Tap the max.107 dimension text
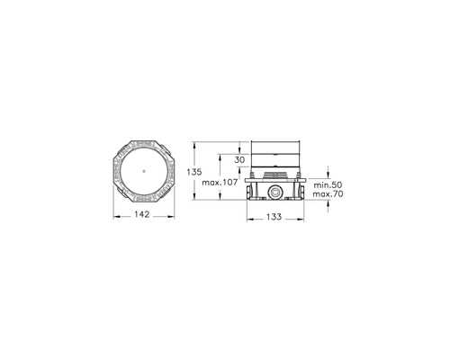(220, 183)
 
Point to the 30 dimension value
(239, 160)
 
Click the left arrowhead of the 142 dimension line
(114, 214)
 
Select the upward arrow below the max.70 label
(328, 205)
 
